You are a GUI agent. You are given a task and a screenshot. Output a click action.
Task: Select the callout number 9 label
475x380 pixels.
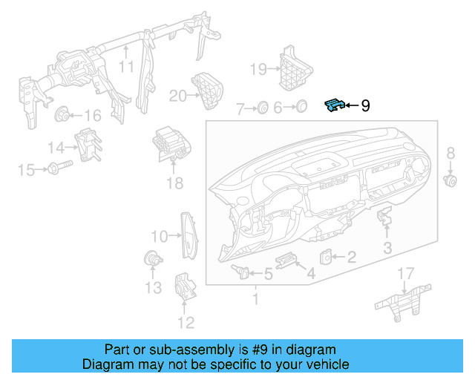pyautogui.click(x=364, y=106)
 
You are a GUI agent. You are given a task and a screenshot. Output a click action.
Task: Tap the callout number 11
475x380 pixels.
pyautogui.click(x=127, y=66)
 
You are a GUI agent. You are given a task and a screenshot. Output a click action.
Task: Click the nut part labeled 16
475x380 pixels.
pyautogui.click(x=62, y=114)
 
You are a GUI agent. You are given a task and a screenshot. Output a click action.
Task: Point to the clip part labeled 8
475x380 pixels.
pyautogui.click(x=449, y=180)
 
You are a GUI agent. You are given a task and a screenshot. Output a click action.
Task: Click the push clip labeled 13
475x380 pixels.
pyautogui.click(x=151, y=259)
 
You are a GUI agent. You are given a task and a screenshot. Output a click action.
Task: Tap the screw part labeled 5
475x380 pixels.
pyautogui.click(x=240, y=270)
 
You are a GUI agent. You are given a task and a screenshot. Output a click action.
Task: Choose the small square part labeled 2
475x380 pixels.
pyautogui.click(x=327, y=257)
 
